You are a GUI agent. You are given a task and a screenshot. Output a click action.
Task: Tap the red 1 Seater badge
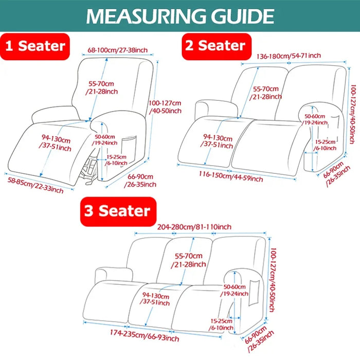tap(35, 46)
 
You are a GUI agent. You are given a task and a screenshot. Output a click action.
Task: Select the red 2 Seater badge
tap(216, 46)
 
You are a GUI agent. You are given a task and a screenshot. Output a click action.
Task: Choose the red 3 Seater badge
tap(117, 211)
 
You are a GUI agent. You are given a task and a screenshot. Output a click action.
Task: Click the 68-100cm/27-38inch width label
tap(118, 50)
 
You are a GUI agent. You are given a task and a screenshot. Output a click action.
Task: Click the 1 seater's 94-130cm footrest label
tap(57, 142)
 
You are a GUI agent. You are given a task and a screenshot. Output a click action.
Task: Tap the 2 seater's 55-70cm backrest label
tap(265, 93)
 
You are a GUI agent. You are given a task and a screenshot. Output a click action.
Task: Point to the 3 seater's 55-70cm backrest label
tap(188, 260)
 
